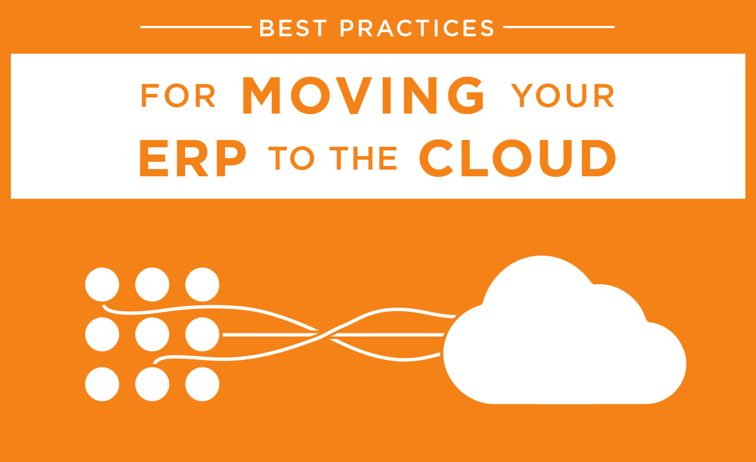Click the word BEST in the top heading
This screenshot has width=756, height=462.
293,27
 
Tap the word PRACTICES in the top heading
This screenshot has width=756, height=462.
417,27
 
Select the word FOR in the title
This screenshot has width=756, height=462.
178,95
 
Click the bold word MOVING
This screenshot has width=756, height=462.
363,95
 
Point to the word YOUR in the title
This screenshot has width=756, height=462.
563,95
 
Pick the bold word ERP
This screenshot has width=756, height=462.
193,158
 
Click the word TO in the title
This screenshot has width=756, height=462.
291,158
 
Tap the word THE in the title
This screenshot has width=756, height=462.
363,158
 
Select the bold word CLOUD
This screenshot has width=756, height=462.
517,158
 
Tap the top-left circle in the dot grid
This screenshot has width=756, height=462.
102,285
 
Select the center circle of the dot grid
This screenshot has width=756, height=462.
152,334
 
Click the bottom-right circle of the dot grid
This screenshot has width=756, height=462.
202,384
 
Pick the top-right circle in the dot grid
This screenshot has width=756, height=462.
202,285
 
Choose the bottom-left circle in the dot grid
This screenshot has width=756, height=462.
102,384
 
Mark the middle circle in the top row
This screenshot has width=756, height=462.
152,285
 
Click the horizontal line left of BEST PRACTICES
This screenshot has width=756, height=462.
196,27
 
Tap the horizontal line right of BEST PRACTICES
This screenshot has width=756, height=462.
559,27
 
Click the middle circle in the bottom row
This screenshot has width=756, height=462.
152,384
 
